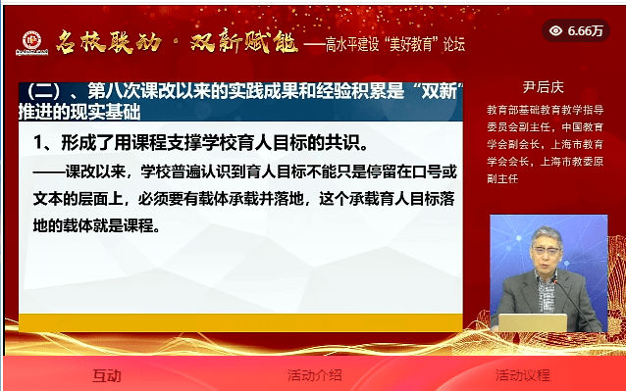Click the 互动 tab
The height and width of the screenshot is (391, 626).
tap(106, 374)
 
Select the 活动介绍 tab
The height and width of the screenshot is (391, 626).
tap(314, 374)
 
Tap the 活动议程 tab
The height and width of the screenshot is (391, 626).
tap(522, 374)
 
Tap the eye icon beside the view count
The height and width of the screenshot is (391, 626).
tap(555, 30)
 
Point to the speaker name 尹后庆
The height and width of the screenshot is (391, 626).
tap(546, 85)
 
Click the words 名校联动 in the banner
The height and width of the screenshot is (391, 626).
tap(94, 42)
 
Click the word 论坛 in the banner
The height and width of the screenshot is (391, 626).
tap(452, 44)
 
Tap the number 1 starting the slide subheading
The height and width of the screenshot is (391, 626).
tap(37, 143)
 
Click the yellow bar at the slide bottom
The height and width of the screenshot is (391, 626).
tap(240, 322)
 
